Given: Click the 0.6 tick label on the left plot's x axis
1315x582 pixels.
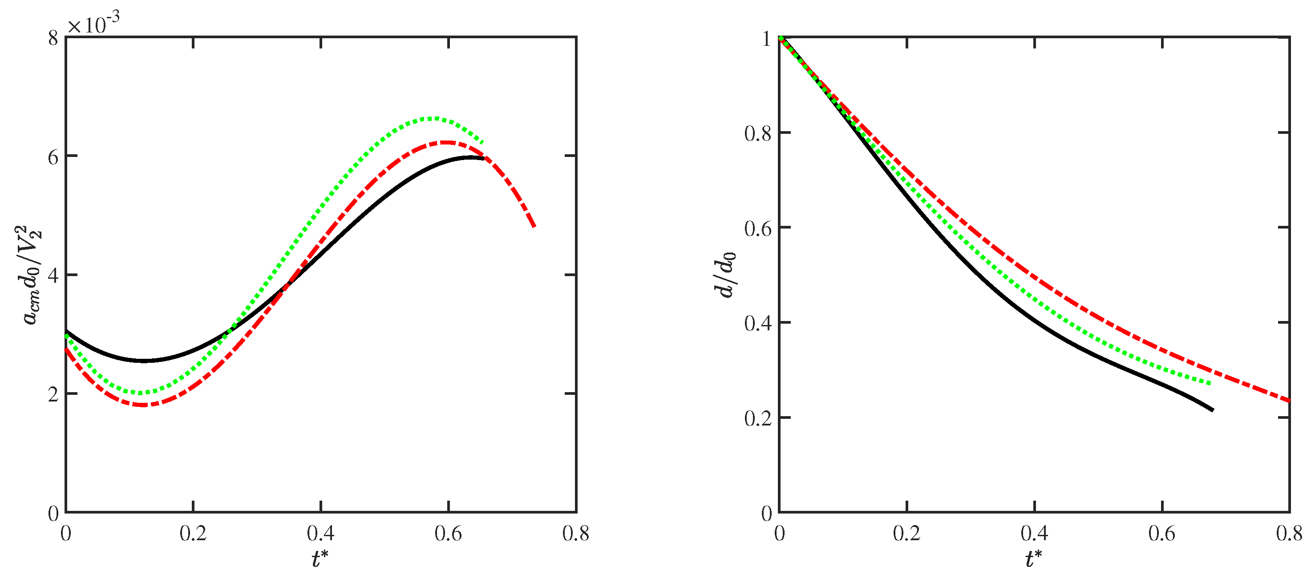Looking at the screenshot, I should tap(448, 534).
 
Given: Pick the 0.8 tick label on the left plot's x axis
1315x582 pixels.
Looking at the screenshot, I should tap(575, 534).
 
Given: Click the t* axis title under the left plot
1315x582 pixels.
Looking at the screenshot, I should tap(320, 559).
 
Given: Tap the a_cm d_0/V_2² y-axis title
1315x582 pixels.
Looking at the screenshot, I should tap(32, 276).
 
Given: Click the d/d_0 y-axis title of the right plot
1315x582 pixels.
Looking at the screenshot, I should tap(725, 276).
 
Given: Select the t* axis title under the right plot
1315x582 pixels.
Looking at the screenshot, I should tap(1034, 559).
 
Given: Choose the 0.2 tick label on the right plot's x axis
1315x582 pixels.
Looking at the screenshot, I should tap(906, 534).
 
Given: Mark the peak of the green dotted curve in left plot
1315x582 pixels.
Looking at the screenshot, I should tap(433, 118).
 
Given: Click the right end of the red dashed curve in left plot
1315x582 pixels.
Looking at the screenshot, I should tap(534, 226).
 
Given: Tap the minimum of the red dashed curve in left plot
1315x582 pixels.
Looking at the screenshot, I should tap(142, 405).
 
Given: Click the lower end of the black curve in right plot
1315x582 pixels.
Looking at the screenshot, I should tap(1212, 409).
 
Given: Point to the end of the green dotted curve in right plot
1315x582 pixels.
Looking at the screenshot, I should tap(1210, 383).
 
